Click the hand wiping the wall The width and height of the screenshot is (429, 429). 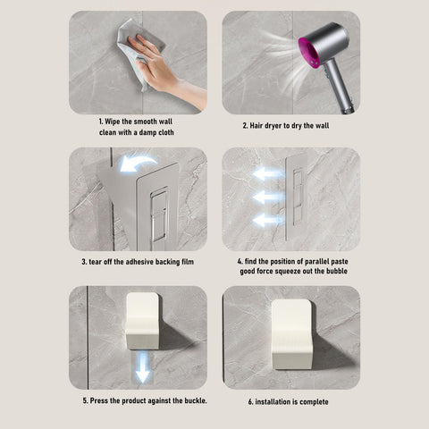pos(161,69)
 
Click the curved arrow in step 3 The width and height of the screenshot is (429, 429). pos(138,163)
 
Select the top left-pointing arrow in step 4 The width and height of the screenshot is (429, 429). pos(268,174)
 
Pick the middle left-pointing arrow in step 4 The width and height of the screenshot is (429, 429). pos(268,198)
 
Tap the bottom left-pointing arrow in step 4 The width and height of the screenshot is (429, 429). pos(268,220)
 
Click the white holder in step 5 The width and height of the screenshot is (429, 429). pos(143,321)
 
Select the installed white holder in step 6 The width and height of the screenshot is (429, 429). pos(293,334)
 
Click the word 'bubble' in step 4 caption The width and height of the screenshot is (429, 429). pos(337,271)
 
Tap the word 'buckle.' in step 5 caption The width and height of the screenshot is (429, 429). pos(196,400)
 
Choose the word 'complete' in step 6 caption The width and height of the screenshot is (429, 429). pos(314,402)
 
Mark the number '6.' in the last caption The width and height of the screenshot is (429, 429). pos(250,402)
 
